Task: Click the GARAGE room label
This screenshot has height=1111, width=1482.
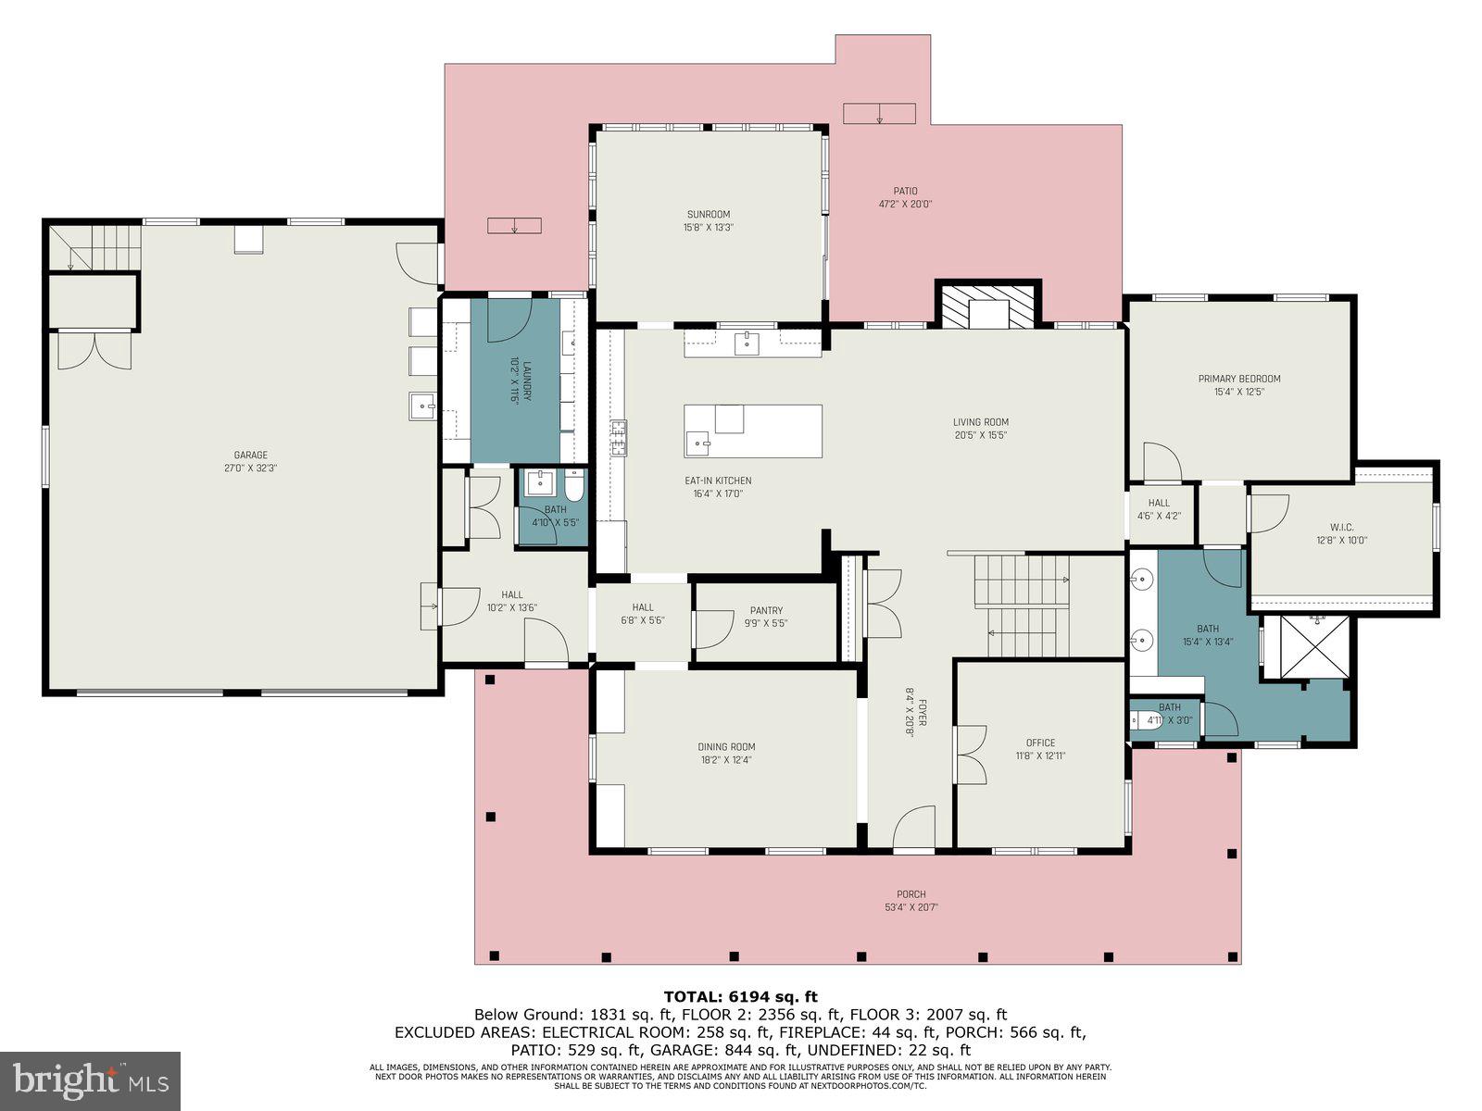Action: pyautogui.click(x=250, y=455)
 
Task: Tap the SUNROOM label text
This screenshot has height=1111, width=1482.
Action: pyautogui.click(x=709, y=215)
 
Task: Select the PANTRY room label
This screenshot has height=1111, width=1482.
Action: pyautogui.click(x=766, y=610)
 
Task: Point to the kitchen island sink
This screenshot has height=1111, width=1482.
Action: pyautogui.click(x=701, y=443)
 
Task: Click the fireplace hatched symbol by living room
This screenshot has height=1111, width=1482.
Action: pyautogui.click(x=987, y=306)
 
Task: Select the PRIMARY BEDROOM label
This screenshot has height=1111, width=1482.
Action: pyautogui.click(x=1238, y=379)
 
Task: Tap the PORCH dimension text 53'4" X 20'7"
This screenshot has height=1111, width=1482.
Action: pyautogui.click(x=911, y=907)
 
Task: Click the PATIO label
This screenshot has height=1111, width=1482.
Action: pyautogui.click(x=905, y=191)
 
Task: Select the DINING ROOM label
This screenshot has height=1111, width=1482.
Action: pyautogui.click(x=726, y=747)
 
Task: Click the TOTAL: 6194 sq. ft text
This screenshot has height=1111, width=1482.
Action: pyautogui.click(x=740, y=996)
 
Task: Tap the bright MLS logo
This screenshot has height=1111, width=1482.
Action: pyautogui.click(x=90, y=1080)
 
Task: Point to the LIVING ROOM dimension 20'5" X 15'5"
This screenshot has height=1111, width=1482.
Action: pyautogui.click(x=980, y=435)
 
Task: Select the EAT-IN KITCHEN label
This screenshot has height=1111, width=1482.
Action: pyautogui.click(x=718, y=481)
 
